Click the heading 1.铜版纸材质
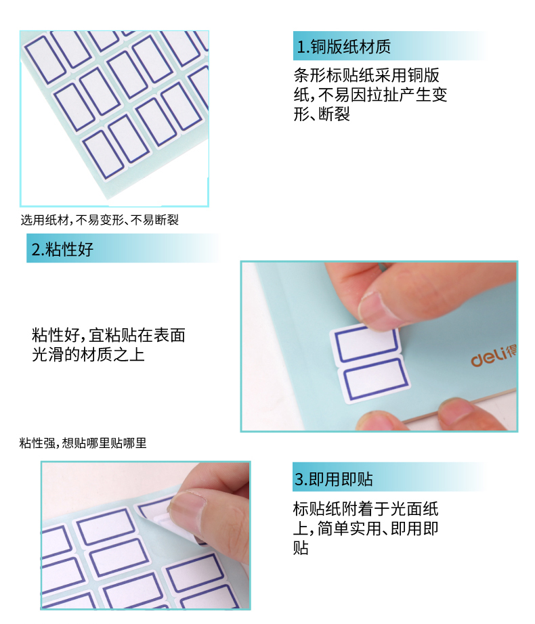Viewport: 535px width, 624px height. tap(344, 47)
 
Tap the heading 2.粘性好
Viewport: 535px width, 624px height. tap(62, 250)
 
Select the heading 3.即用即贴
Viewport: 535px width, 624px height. tap(334, 478)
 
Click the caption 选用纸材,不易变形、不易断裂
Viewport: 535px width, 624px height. tap(100, 220)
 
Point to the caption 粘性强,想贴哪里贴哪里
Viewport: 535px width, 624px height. tap(83, 443)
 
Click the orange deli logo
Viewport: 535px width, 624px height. tap(494, 356)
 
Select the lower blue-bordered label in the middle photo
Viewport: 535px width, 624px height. tap(374, 380)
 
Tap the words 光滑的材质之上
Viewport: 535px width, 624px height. tap(88, 354)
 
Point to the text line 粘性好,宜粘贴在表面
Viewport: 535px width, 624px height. tap(108, 335)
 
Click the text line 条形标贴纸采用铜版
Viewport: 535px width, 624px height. tap(366, 75)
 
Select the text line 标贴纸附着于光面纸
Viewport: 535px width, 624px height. tap(366, 509)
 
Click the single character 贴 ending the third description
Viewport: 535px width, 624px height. tap(301, 548)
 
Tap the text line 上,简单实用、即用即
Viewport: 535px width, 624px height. tap(366, 529)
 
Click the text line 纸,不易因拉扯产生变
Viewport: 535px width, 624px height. tap(370, 95)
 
